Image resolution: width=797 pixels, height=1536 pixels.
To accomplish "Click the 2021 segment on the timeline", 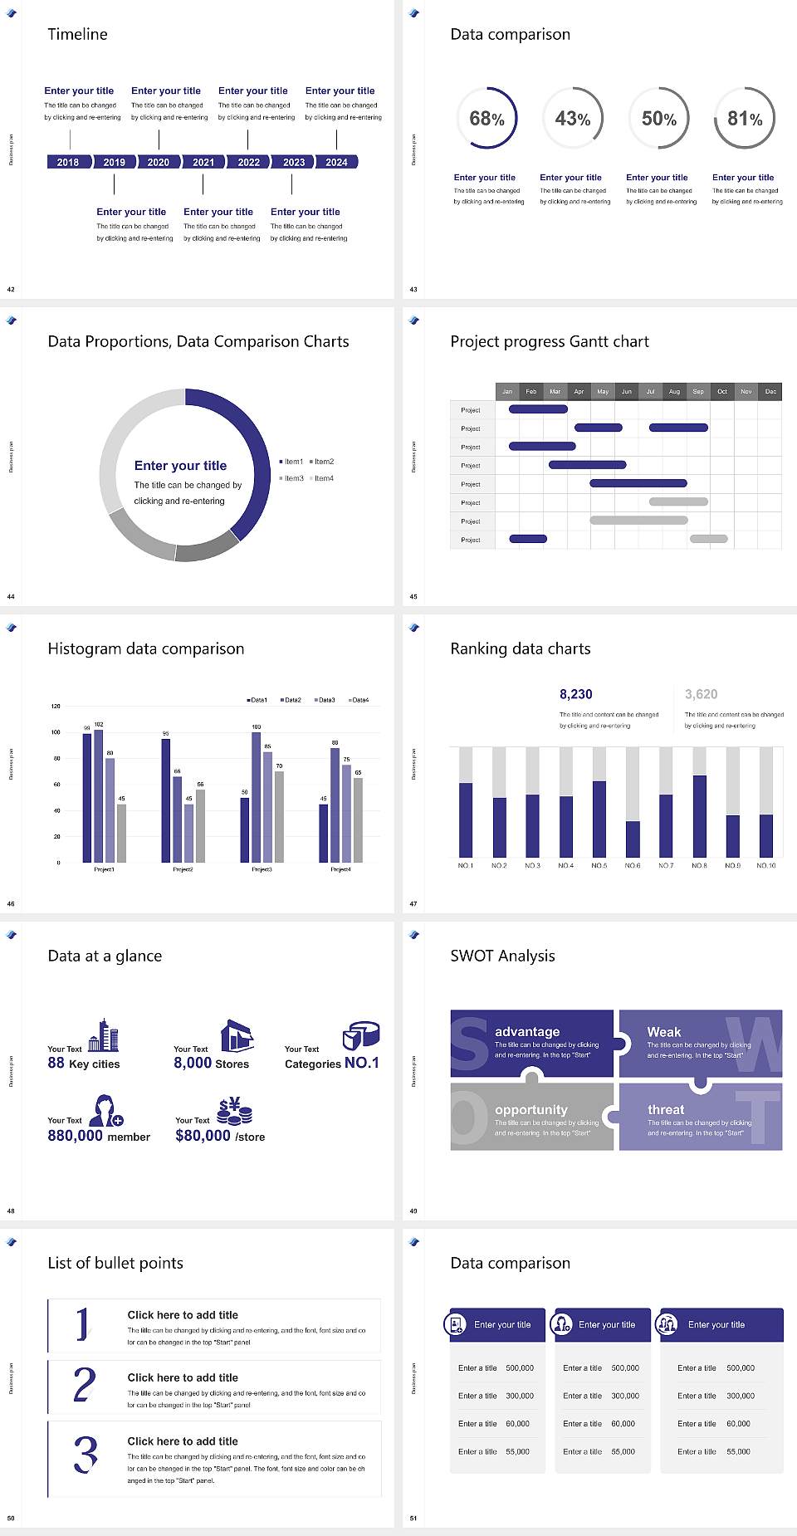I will click(203, 163).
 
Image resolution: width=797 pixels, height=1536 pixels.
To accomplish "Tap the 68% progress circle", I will click(487, 119).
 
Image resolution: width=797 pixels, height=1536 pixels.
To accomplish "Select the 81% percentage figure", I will click(745, 119).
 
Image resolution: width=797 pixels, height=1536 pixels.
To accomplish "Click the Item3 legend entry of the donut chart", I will click(292, 479).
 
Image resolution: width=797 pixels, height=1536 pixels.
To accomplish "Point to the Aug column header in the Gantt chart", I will click(674, 391).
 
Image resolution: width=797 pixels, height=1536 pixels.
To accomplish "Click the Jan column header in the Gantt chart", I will click(507, 391).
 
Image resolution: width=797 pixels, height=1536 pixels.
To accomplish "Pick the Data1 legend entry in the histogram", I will click(257, 700).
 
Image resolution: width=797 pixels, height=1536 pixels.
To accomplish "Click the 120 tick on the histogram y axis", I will click(56, 707).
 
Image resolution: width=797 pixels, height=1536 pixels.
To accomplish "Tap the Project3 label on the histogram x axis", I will click(262, 869).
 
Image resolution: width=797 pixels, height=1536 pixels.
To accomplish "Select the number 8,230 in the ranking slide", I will click(576, 694).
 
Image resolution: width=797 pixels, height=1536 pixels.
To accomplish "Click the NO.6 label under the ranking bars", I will click(633, 865).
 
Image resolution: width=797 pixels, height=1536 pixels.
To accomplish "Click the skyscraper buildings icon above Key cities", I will click(104, 1035).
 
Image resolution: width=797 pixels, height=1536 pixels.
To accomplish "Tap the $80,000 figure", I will click(203, 1136).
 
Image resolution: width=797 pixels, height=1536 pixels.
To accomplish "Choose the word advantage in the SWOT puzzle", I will click(527, 1031).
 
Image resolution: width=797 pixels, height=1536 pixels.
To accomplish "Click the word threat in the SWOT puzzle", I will click(666, 1109).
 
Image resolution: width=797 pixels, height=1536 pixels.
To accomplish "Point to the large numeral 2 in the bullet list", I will click(85, 1385).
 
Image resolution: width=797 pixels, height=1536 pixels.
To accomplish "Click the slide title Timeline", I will click(77, 34).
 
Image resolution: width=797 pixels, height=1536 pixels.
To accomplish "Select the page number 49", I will click(413, 1211).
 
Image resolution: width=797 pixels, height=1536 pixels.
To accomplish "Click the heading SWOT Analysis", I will click(502, 956).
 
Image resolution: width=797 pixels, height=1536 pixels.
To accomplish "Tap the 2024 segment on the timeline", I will click(336, 163).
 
